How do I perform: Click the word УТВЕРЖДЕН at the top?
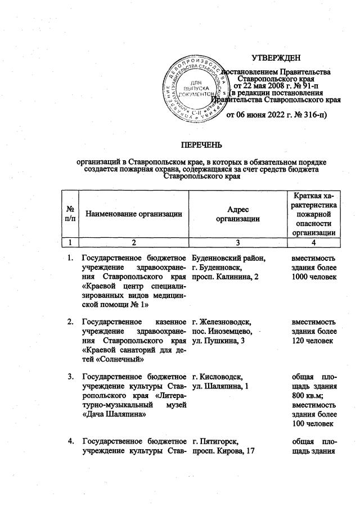[276, 58]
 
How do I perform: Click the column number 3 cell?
[238, 243]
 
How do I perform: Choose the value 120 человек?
[313, 343]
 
